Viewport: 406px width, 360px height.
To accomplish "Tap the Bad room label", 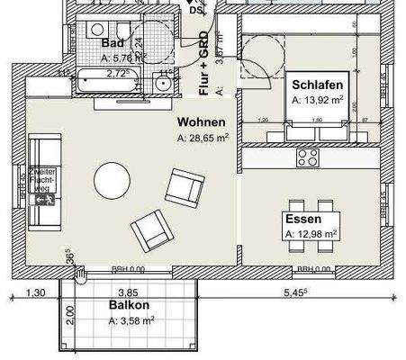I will [113, 43].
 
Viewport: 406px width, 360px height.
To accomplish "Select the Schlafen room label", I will [317, 85].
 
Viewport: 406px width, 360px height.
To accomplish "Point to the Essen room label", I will [303, 219].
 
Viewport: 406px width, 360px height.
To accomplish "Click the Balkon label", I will [127, 304].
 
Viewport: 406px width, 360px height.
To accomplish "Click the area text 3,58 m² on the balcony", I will [131, 319].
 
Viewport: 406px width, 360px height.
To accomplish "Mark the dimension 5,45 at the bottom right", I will [294, 292].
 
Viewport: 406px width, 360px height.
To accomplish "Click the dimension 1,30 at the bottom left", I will [35, 292].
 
